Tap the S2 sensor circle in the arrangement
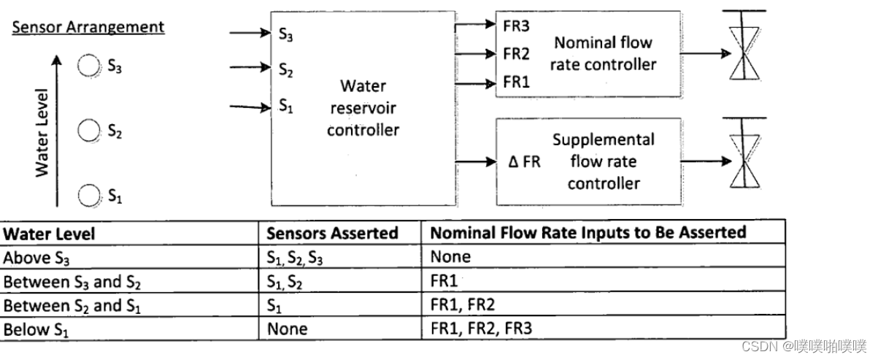pyautogui.click(x=88, y=131)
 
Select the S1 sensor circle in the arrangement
pyautogui.click(x=88, y=195)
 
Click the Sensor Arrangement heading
pyautogui.click(x=88, y=28)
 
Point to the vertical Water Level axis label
pyautogui.click(x=42, y=132)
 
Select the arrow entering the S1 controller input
pyautogui.click(x=250, y=107)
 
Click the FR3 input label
pyautogui.click(x=516, y=25)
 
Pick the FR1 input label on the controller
pyautogui.click(x=516, y=83)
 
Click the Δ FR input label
pyautogui.click(x=524, y=161)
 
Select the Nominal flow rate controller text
pyautogui.click(x=604, y=53)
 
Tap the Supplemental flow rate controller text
pyautogui.click(x=604, y=161)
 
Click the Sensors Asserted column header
pyautogui.click(x=332, y=234)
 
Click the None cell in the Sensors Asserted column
pyautogui.click(x=287, y=329)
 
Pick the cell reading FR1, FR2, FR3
pyautogui.click(x=481, y=329)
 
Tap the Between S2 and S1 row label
pyautogui.click(x=72, y=305)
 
